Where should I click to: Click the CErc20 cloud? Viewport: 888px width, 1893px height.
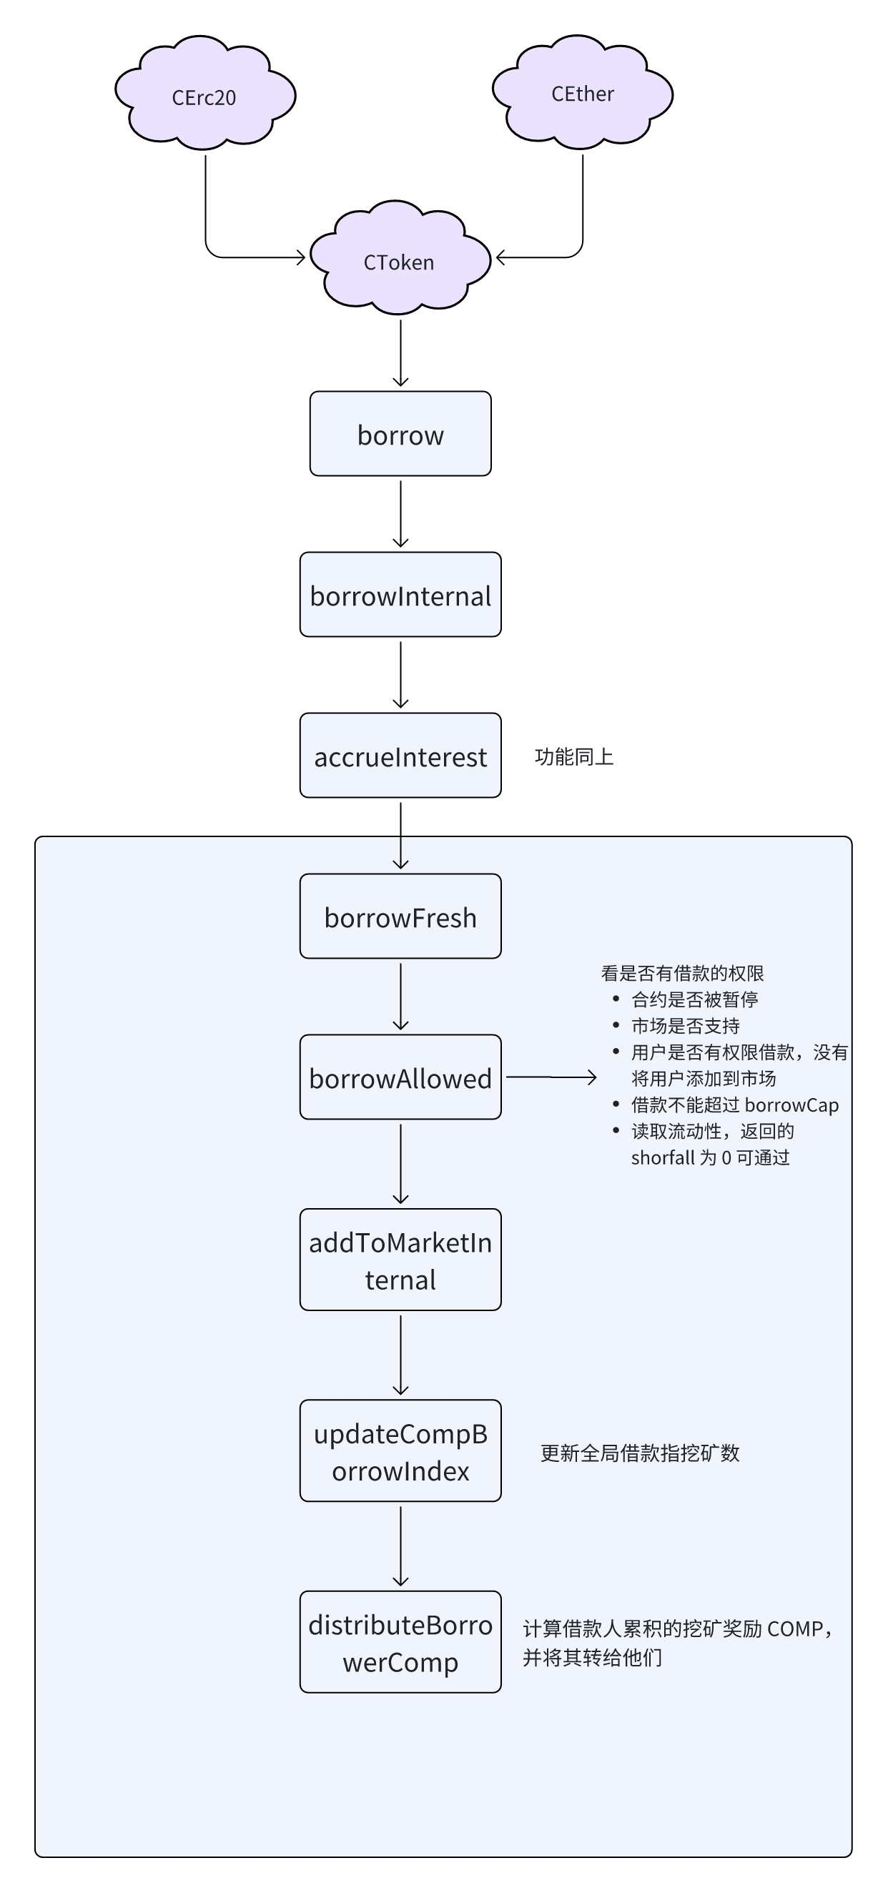tap(205, 94)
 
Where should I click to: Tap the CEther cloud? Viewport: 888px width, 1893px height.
tap(582, 91)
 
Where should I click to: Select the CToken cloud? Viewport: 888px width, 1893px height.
tap(400, 259)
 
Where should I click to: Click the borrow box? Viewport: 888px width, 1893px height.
tap(400, 433)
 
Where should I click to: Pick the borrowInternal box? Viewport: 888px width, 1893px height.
tap(400, 595)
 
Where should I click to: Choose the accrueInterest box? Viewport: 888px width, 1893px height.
tap(400, 756)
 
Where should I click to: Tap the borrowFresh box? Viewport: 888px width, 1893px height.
tap(400, 916)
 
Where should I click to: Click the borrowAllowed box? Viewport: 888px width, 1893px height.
tap(400, 1077)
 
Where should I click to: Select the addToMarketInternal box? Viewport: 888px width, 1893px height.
tap(400, 1260)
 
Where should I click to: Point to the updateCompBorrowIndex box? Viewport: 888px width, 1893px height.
tap(400, 1450)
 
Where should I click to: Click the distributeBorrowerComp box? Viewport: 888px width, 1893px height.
tap(400, 1641)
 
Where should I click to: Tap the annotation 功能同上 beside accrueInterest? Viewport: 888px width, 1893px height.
tap(574, 757)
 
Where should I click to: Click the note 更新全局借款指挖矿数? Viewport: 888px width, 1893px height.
tap(639, 1453)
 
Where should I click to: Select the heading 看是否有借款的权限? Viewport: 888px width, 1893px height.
tap(682, 973)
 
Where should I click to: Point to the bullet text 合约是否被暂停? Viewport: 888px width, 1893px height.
tap(695, 999)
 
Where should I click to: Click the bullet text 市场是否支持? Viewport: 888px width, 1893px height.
tap(685, 1026)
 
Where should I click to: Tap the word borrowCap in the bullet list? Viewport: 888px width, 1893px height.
tap(791, 1105)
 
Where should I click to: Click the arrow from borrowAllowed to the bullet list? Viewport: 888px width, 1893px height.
tap(551, 1077)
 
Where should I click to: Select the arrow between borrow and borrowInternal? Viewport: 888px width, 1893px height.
tap(400, 515)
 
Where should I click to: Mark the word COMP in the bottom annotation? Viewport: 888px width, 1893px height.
tap(795, 1629)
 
